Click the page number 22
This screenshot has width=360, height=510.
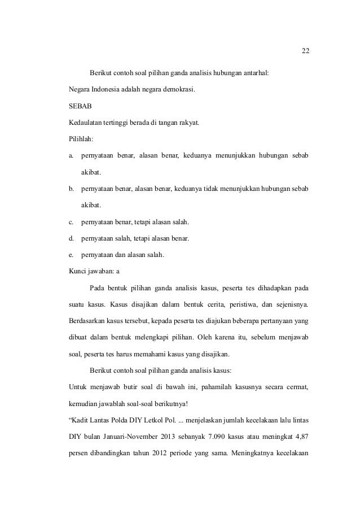coord(305,51)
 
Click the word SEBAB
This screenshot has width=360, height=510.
coord(76,106)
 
